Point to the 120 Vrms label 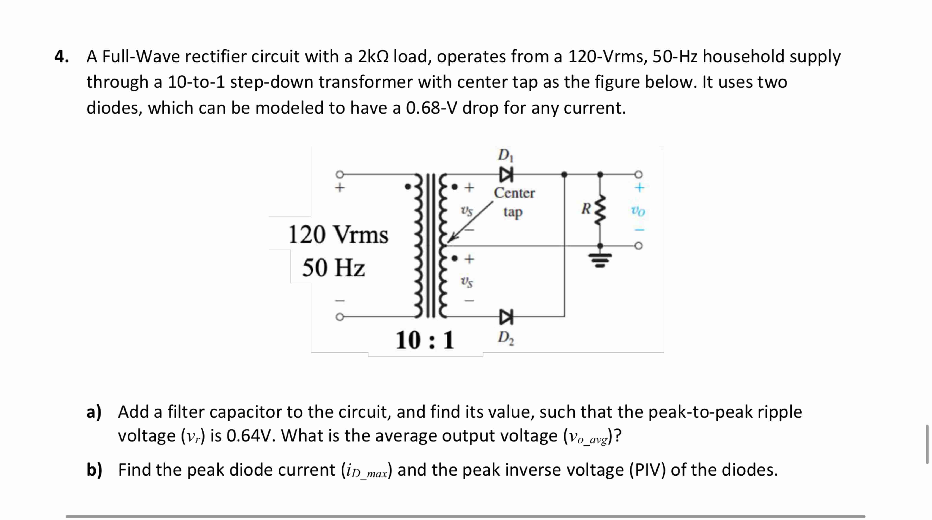coord(338,235)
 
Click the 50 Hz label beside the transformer coord(333,268)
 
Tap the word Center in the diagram coord(514,193)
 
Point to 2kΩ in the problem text coord(373,57)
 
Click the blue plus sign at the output coord(640,188)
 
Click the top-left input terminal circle coord(86,174)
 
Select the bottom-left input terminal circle coord(86,317)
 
